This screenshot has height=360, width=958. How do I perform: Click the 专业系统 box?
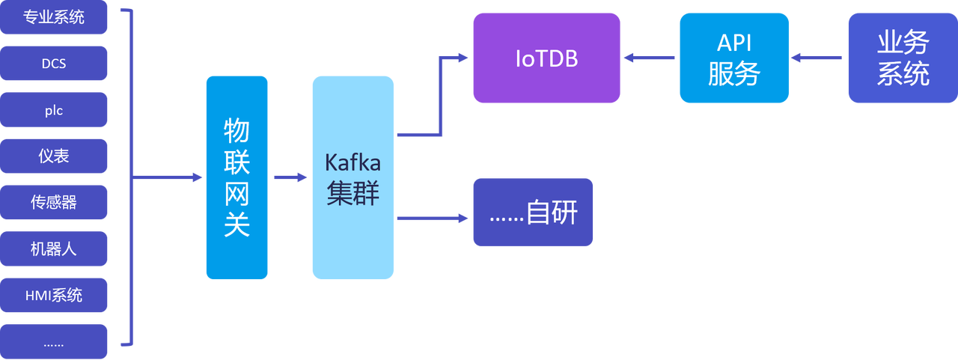pyautogui.click(x=54, y=18)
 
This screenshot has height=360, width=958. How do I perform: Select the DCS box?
pyautogui.click(x=54, y=64)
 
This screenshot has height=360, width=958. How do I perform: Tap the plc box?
pyautogui.click(x=54, y=110)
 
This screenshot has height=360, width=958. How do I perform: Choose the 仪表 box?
pyautogui.click(x=54, y=156)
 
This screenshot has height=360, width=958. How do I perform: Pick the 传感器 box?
pyautogui.click(x=54, y=202)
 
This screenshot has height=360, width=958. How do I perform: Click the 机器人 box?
pyautogui.click(x=54, y=248)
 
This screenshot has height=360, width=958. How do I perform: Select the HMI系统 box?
pyautogui.click(x=54, y=295)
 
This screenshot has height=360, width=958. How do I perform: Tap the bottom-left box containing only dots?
pyautogui.click(x=54, y=341)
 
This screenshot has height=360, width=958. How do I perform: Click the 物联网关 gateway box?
pyautogui.click(x=237, y=177)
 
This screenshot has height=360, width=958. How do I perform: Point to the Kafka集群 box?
pyautogui.click(x=353, y=177)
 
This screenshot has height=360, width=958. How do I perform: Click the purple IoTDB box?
pyautogui.click(x=546, y=58)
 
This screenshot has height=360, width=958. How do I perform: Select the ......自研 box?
pyautogui.click(x=533, y=212)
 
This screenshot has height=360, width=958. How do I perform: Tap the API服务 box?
pyautogui.click(x=733, y=58)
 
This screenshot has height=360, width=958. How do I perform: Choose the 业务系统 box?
pyautogui.click(x=902, y=58)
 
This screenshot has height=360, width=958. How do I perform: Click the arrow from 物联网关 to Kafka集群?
pyautogui.click(x=290, y=177)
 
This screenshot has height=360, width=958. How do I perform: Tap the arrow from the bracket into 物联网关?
pyautogui.click(x=168, y=177)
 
